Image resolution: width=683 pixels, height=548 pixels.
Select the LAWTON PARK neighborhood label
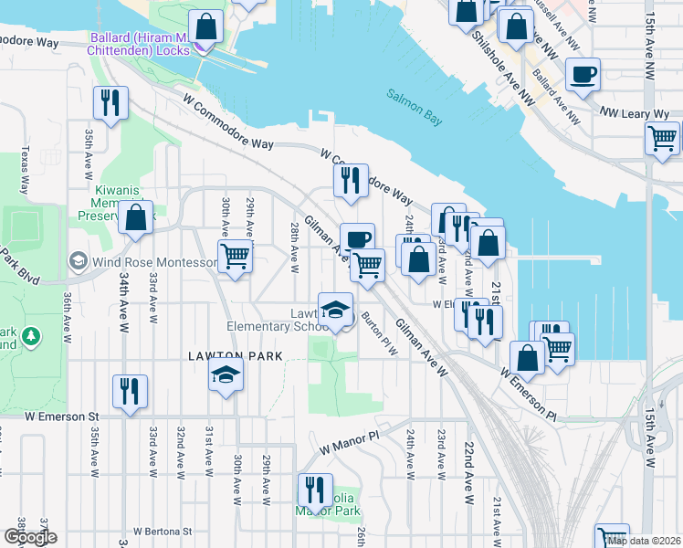click(235, 356)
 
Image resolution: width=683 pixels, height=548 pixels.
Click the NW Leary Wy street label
click(635, 114)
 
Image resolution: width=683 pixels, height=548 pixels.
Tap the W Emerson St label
click(61, 416)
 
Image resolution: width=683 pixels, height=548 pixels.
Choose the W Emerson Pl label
click(528, 381)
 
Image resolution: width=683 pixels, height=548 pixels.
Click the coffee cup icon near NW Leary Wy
click(583, 75)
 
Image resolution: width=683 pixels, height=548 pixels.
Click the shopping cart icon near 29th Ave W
click(235, 257)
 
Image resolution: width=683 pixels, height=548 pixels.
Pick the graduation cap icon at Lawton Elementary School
click(335, 308)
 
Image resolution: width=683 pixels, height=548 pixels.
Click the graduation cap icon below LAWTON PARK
click(226, 374)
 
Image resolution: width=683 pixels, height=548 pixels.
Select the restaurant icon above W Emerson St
click(130, 391)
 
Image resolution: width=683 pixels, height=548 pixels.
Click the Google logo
click(30, 538)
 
